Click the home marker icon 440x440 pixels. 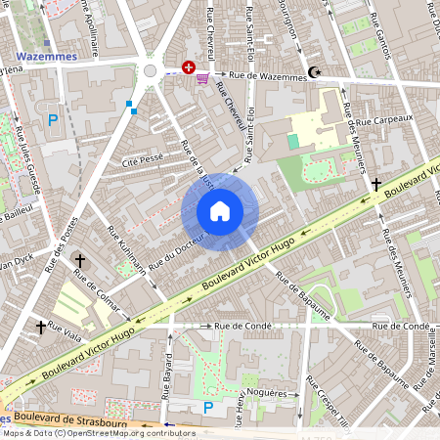tap(220, 211)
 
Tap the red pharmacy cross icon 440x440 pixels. tap(187, 67)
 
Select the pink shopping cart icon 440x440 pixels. tap(202, 77)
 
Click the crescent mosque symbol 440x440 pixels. tap(314, 72)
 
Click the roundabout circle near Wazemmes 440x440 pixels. tap(150, 70)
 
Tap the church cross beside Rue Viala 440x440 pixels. tap(41, 327)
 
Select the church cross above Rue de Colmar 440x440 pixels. tap(80, 262)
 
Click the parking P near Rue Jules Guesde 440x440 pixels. tap(53, 120)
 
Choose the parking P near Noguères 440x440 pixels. tap(207, 407)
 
